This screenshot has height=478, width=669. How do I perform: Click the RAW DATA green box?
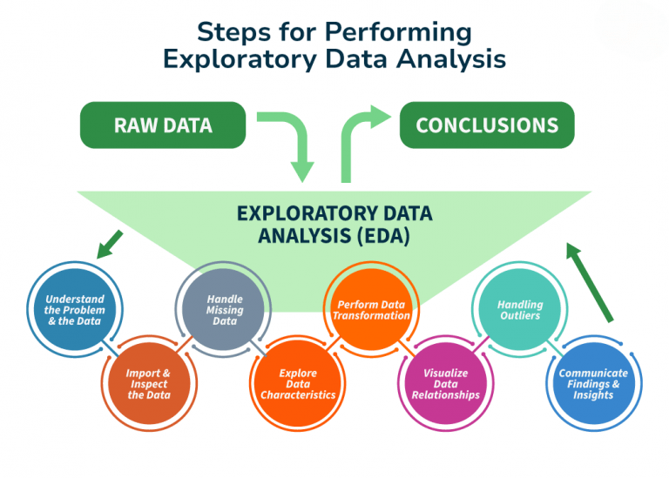(163, 125)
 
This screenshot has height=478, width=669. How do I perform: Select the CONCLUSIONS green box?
(487, 125)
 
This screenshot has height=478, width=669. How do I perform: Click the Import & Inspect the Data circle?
(148, 384)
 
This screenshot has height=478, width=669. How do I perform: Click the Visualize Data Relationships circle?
(445, 384)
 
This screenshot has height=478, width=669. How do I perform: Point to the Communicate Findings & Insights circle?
(593, 384)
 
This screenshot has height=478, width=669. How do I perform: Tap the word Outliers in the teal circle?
(520, 315)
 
